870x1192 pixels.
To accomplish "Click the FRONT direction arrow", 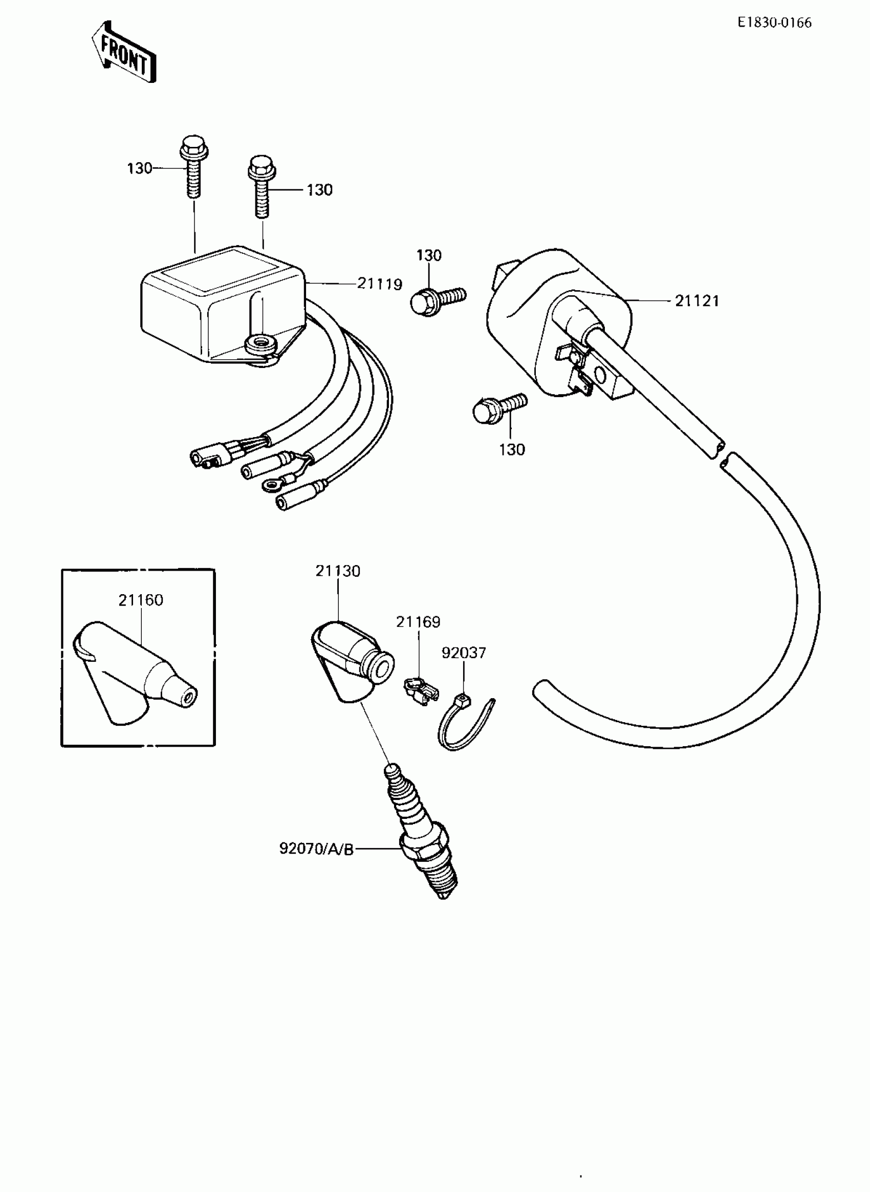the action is pos(124,52).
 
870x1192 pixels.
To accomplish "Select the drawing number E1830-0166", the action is pos(774,23).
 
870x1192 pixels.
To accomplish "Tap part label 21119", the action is pos(379,284).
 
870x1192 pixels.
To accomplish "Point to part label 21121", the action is pos(697,301).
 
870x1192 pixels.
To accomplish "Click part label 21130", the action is pos(338,571).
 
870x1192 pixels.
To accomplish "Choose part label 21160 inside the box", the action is pos(141,600).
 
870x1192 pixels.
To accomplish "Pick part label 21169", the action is pos(418,622).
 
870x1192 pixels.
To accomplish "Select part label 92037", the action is pos(464,653).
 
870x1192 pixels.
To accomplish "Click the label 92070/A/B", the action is pos(316,849).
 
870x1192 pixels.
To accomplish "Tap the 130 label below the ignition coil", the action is pos(512,449).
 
